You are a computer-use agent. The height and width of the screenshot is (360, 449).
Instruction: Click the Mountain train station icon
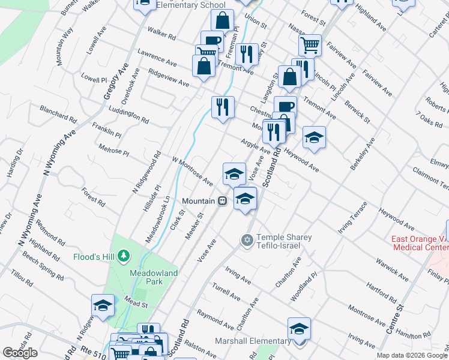[222, 201]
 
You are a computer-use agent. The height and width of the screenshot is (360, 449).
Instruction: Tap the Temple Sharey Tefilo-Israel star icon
[246, 240]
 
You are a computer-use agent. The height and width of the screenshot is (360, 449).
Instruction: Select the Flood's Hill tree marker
[124, 257]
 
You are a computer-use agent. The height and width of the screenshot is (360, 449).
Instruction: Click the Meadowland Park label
[147, 277]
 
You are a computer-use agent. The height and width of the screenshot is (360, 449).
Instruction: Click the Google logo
[20, 353]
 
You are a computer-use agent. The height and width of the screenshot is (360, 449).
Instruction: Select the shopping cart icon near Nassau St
[310, 44]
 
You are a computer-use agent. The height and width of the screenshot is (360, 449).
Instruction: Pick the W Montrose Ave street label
[193, 172]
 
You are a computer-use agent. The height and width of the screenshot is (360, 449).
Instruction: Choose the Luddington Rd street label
[129, 115]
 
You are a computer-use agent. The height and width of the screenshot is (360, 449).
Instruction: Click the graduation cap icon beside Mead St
[103, 305]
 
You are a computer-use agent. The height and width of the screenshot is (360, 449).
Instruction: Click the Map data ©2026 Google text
[412, 355]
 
